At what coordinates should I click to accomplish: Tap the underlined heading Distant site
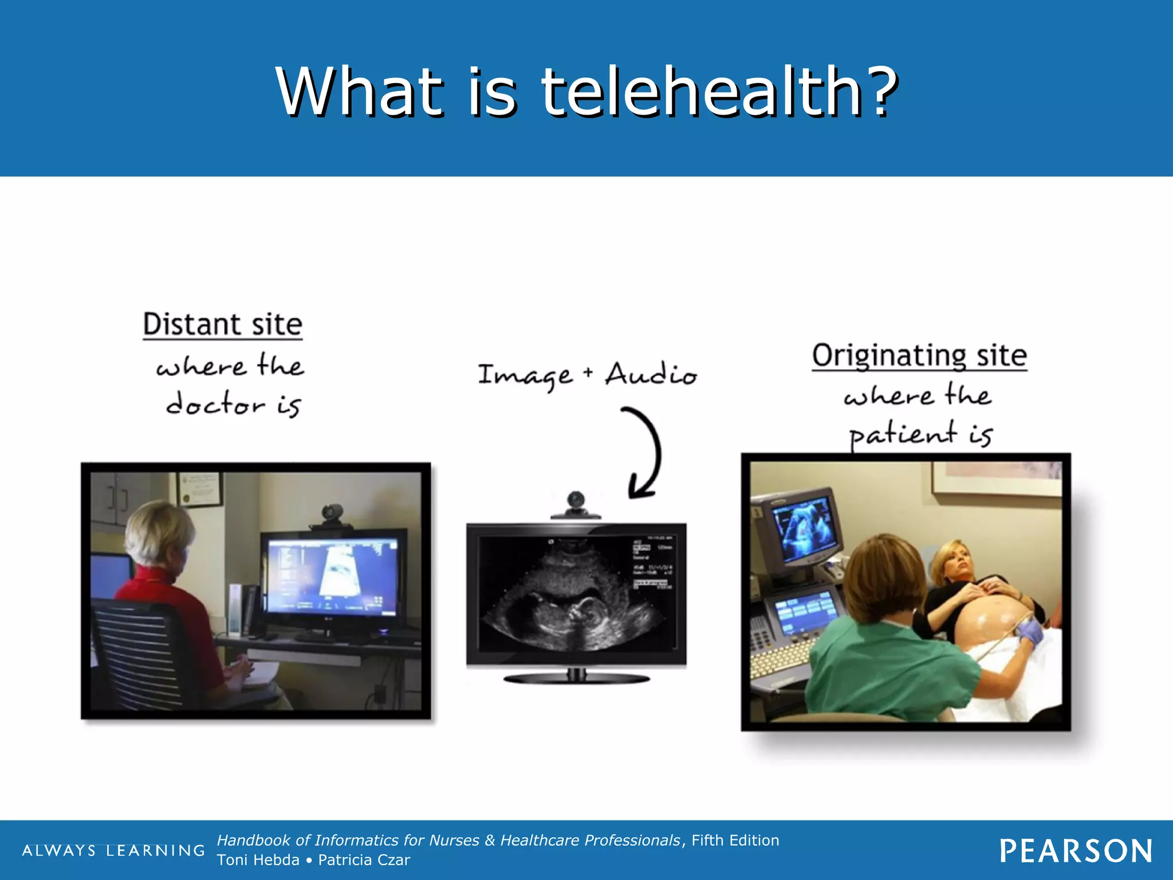(222, 324)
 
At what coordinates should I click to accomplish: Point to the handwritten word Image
(525, 376)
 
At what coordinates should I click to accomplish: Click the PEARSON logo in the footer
(1076, 851)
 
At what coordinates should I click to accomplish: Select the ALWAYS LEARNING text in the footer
(113, 851)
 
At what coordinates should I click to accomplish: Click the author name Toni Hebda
(258, 860)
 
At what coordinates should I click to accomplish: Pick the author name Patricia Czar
(364, 860)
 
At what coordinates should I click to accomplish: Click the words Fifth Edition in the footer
(735, 840)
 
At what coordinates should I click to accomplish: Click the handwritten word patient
(902, 434)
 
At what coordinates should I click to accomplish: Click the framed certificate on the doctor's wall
(199, 488)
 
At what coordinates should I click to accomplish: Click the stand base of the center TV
(576, 679)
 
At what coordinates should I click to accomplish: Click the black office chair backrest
(137, 653)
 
